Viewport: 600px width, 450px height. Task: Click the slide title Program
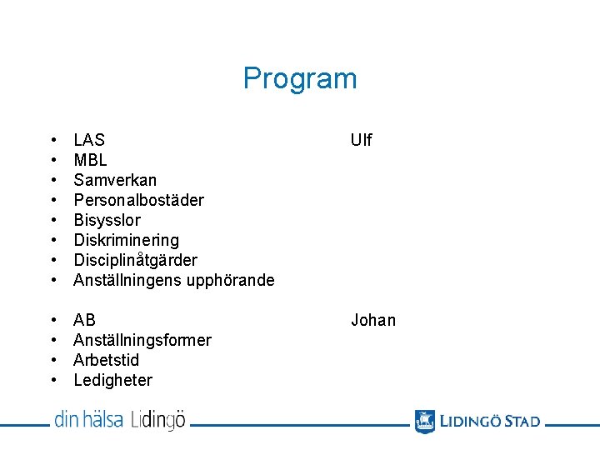(x=300, y=78)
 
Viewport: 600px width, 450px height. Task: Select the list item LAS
(x=89, y=140)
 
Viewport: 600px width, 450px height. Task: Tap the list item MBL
(x=90, y=160)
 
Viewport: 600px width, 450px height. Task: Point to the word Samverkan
(x=115, y=180)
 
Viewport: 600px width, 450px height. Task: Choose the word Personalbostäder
(x=138, y=200)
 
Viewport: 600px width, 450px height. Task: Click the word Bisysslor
(x=107, y=220)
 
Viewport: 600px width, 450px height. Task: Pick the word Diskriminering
(x=126, y=240)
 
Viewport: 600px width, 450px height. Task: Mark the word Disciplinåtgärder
(x=135, y=260)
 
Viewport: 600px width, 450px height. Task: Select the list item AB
(x=84, y=320)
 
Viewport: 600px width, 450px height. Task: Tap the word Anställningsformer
(x=142, y=340)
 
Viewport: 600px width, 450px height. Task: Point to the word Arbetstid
(x=107, y=360)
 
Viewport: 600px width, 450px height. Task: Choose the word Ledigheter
(x=113, y=380)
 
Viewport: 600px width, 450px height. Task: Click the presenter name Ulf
(x=362, y=140)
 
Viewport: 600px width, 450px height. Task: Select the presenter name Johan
(x=373, y=320)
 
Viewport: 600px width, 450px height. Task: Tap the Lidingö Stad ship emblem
(x=425, y=421)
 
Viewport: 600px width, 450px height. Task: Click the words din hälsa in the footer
(x=89, y=419)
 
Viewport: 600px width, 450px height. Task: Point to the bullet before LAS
(x=53, y=140)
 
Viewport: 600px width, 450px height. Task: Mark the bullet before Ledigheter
(x=53, y=380)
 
